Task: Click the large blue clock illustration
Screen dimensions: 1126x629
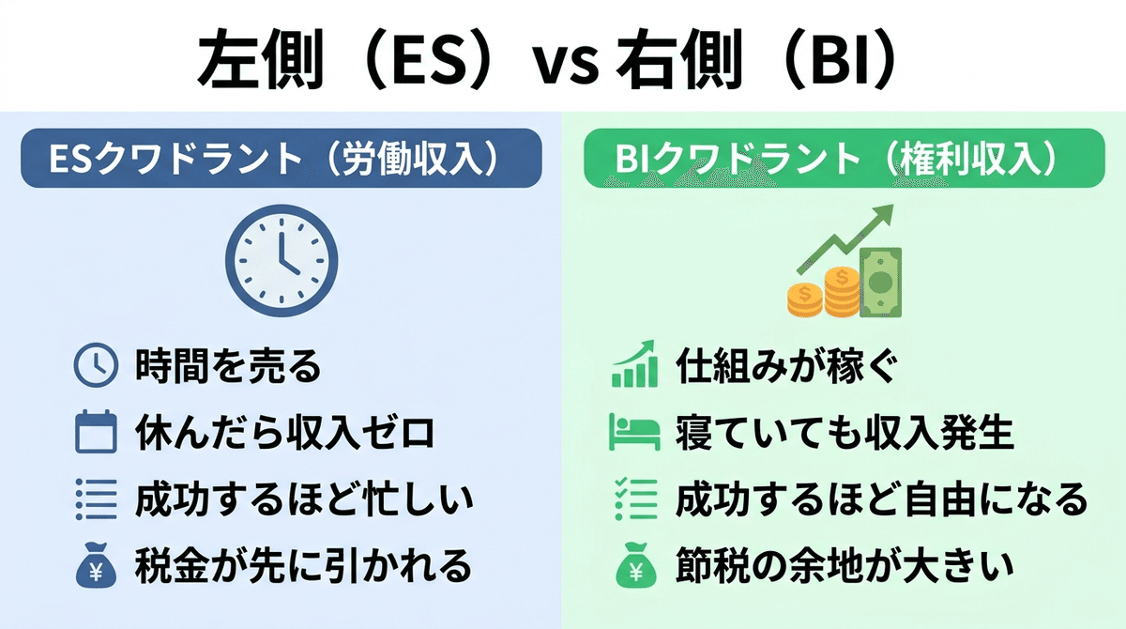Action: pyautogui.click(x=281, y=260)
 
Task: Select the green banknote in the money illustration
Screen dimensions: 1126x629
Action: pyautogui.click(x=881, y=283)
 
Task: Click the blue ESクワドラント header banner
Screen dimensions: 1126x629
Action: pyautogui.click(x=281, y=158)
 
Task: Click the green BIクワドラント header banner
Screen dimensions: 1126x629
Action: pyautogui.click(x=844, y=158)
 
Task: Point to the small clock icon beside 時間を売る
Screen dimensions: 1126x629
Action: pyautogui.click(x=96, y=365)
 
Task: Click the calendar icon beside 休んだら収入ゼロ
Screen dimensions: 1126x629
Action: pyautogui.click(x=96, y=432)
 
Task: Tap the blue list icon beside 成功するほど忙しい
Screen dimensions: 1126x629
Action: pyautogui.click(x=96, y=499)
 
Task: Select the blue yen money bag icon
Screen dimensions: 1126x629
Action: pyautogui.click(x=96, y=565)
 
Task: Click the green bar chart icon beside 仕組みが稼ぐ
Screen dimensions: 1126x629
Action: pyautogui.click(x=635, y=364)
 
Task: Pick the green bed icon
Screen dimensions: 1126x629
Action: pyautogui.click(x=634, y=432)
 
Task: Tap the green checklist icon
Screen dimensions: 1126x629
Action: pyautogui.click(x=636, y=499)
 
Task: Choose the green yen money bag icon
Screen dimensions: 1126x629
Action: pyautogui.click(x=636, y=565)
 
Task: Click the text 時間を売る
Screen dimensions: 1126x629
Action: pyautogui.click(x=228, y=365)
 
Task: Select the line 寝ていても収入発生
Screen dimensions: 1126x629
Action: pyautogui.click(x=844, y=433)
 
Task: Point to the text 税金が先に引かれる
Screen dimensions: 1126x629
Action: pyautogui.click(x=304, y=566)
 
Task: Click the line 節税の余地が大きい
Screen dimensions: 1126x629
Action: pyautogui.click(x=844, y=566)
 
